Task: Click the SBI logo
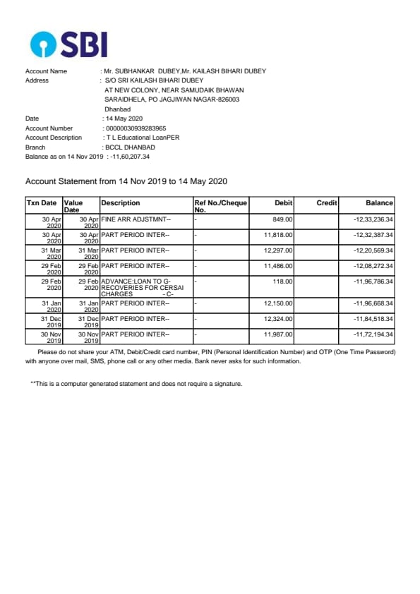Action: pyautogui.click(x=69, y=44)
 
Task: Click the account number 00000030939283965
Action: pyautogui.click(x=136, y=128)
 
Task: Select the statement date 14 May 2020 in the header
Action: pyautogui.click(x=124, y=119)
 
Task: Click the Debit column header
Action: pyautogui.click(x=283, y=203)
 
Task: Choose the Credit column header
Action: pyautogui.click(x=326, y=203)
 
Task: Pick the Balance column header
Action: pyautogui.click(x=379, y=203)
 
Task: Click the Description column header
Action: pyautogui.click(x=121, y=203)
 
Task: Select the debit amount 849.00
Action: pyautogui.click(x=282, y=219)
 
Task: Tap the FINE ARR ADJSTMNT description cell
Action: pyautogui.click(x=136, y=219)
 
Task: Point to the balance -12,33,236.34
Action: pyautogui.click(x=373, y=219)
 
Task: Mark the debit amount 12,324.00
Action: pyautogui.click(x=278, y=319)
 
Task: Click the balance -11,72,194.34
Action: pyautogui.click(x=373, y=334)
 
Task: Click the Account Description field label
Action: pyautogui.click(x=54, y=138)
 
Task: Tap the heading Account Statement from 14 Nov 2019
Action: pyautogui.click(x=126, y=181)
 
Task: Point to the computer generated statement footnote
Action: pyautogui.click(x=136, y=384)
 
